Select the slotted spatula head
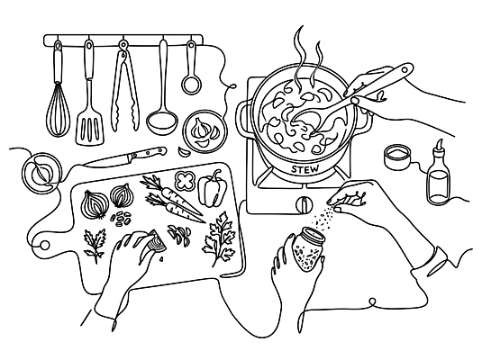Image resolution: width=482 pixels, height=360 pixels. (90, 128)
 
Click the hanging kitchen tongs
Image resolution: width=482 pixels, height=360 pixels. (125, 87)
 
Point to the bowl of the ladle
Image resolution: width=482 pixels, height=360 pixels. (162, 122)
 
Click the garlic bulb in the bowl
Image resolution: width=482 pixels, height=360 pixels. (200, 128)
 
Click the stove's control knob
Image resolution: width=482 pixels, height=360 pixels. (305, 203)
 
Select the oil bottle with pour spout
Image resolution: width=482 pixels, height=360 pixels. (438, 175)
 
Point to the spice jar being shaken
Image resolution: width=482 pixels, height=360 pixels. (307, 248)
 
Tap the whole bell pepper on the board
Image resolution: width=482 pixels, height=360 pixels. (212, 189)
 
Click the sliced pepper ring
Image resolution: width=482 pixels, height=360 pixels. (185, 180)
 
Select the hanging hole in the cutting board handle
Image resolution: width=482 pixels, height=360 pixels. (45, 245)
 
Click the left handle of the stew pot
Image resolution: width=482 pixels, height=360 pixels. (243, 118)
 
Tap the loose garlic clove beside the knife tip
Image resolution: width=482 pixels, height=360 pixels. (184, 152)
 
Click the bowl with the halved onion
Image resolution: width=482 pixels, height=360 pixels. (41, 173)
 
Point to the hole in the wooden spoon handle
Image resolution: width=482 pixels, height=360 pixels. (405, 70)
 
